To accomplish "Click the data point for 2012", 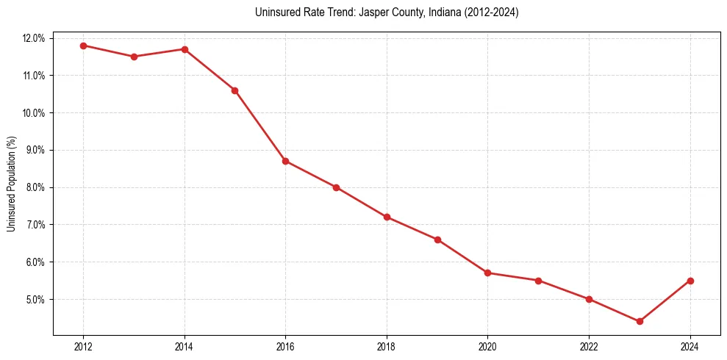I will (x=83, y=46).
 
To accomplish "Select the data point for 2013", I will (x=134, y=57).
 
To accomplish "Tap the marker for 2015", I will (x=234, y=90).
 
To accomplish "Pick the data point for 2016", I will (x=285, y=161).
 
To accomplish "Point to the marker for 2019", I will (x=437, y=240).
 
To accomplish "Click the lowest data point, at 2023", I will (x=640, y=321).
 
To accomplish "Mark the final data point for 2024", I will (x=690, y=281).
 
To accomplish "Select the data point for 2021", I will (x=538, y=281).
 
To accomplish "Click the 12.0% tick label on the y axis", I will (x=35, y=38).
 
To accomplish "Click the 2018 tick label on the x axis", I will (x=387, y=347).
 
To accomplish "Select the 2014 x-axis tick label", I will (x=185, y=347).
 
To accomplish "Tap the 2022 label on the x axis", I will (x=589, y=347).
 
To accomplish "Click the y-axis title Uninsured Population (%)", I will (x=12, y=184).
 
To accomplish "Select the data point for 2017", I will (x=336, y=187).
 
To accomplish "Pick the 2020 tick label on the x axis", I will (x=487, y=347).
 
